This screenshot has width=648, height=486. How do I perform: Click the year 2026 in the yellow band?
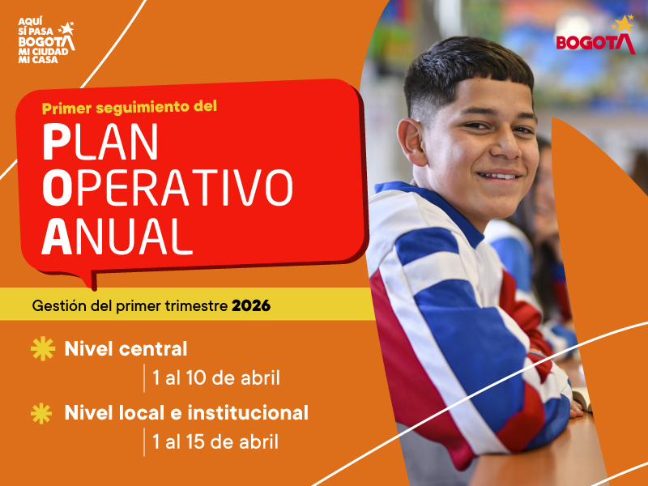point(251,307)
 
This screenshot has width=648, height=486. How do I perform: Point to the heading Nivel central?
point(126,349)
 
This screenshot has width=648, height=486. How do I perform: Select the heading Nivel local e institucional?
point(186,413)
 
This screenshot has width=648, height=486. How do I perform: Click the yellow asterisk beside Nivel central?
point(41,349)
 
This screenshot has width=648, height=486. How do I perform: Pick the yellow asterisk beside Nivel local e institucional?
point(41,413)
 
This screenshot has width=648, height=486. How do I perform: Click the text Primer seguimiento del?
point(130,106)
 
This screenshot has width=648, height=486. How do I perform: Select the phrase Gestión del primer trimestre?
point(130,307)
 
